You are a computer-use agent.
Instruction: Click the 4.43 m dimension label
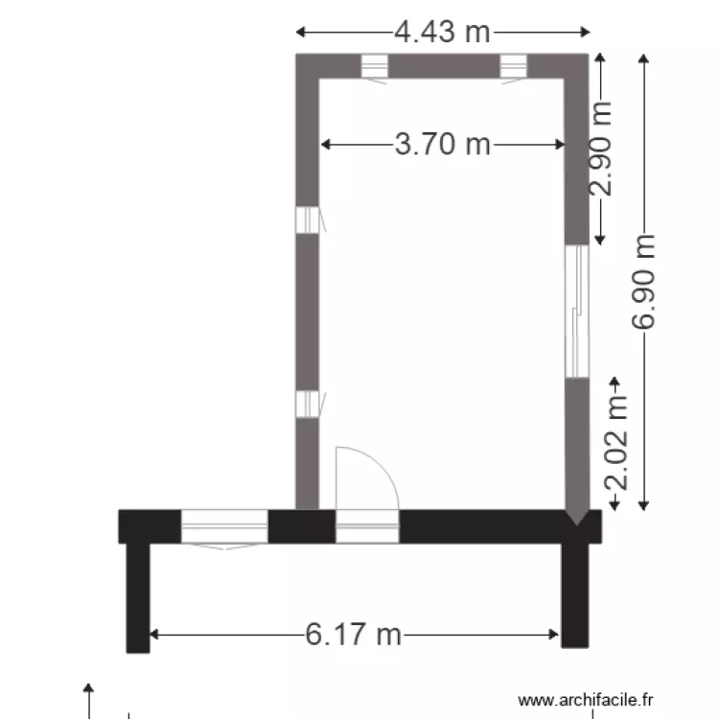pyautogui.click(x=443, y=32)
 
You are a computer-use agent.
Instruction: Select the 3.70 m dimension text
pyautogui.click(x=443, y=145)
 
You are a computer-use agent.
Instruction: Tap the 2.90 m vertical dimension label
pyautogui.click(x=600, y=149)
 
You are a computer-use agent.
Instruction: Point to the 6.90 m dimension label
pyautogui.click(x=643, y=282)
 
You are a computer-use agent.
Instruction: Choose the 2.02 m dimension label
pyautogui.click(x=615, y=442)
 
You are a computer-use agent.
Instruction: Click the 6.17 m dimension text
pyautogui.click(x=353, y=635)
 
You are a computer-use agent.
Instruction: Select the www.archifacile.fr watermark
pyautogui.click(x=585, y=700)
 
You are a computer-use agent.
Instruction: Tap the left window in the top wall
pyautogui.click(x=374, y=66)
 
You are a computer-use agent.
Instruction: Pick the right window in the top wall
pyautogui.click(x=513, y=66)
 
